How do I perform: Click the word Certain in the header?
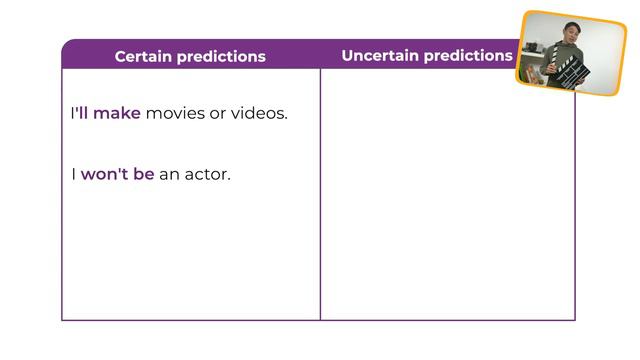[142, 56]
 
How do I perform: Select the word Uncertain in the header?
[379, 55]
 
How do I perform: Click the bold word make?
[117, 113]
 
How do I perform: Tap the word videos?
[259, 113]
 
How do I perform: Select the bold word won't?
[104, 174]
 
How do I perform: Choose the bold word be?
[144, 174]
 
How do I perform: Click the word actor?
[207, 174]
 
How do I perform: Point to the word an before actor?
[169, 174]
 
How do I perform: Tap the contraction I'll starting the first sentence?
[78, 113]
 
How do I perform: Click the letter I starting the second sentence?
[73, 174]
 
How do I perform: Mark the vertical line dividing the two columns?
[320, 200]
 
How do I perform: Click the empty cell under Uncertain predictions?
[447, 200]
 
